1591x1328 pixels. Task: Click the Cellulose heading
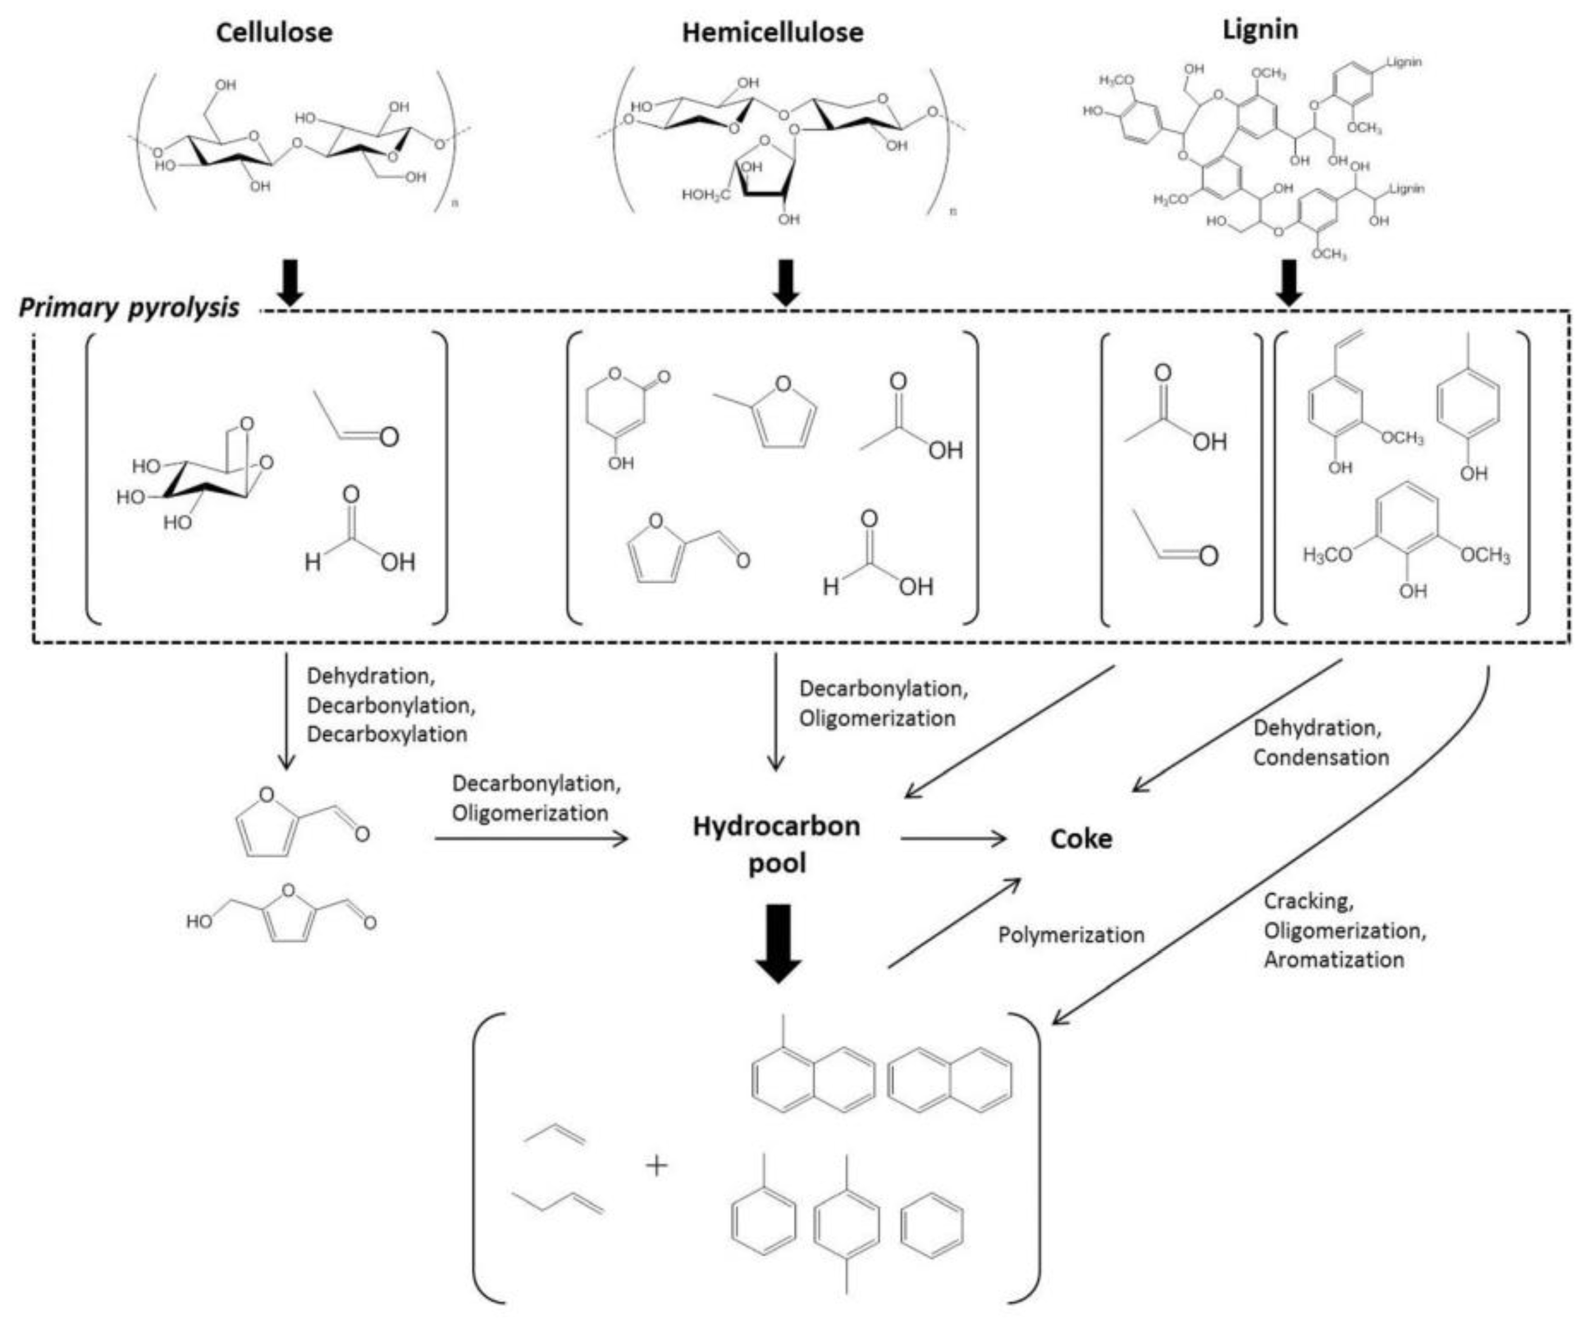(x=274, y=33)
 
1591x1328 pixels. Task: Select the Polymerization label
(x=1070, y=935)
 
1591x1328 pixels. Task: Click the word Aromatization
(x=1333, y=960)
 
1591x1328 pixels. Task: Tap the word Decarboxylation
(x=386, y=734)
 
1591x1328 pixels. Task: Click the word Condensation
(x=1321, y=757)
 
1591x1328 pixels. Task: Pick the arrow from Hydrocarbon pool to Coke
(x=953, y=838)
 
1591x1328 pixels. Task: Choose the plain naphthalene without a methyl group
(x=948, y=1080)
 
